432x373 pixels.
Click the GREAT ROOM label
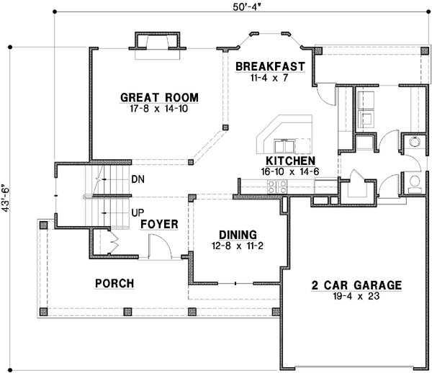[x=159, y=98]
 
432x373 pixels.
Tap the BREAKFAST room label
[x=270, y=66]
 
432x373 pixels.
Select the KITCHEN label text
[x=289, y=161]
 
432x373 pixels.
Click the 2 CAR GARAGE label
[x=356, y=284]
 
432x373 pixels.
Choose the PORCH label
[x=114, y=284]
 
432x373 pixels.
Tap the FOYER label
[x=159, y=224]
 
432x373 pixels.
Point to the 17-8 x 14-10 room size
[x=159, y=109]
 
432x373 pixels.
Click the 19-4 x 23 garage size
[x=356, y=295]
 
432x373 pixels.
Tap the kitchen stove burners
[x=277, y=186]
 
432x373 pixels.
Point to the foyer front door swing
[x=158, y=248]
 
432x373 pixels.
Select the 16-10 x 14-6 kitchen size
[x=289, y=171]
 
